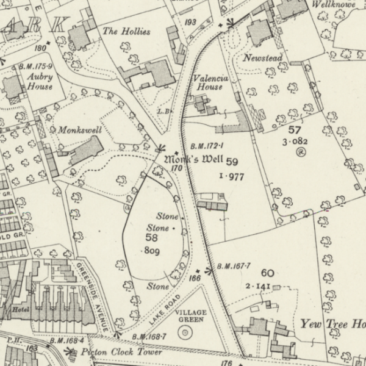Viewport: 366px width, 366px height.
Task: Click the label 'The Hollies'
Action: point(126,31)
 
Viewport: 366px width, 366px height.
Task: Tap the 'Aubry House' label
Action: point(39,82)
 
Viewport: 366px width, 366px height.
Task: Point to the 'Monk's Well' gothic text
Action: point(194,160)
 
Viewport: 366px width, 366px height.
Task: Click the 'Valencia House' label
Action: point(211,82)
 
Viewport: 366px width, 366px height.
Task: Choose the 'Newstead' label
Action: point(262,58)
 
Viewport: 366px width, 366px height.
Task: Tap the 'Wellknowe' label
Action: point(334,4)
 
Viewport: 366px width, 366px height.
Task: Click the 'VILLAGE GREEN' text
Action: point(191,316)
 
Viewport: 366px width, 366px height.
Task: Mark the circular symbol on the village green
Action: point(183,332)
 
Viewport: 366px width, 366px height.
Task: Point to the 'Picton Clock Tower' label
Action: point(124,353)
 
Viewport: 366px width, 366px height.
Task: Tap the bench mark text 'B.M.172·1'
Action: point(207,146)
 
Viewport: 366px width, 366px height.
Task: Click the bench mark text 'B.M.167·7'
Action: point(234,267)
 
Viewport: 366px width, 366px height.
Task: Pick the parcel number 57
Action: point(295,130)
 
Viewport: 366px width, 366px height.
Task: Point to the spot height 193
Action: point(191,23)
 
